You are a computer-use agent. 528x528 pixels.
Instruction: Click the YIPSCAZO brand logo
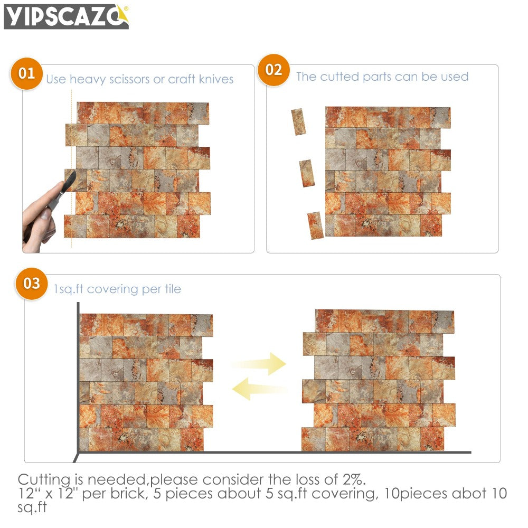point(66,16)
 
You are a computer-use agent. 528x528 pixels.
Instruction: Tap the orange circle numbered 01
point(27,73)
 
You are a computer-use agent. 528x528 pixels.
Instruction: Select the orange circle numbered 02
point(274,70)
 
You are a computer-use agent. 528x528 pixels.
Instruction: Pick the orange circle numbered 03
point(32,283)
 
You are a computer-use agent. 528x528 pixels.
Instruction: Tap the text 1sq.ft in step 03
point(69,289)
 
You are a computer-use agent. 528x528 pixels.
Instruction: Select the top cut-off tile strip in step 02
point(298,122)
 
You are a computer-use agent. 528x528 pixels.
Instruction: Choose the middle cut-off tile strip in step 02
point(307,173)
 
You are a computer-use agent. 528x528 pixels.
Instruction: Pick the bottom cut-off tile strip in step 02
point(315,225)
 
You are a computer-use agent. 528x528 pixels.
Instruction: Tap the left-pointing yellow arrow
point(259,390)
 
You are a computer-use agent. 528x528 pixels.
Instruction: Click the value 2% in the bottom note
point(352,479)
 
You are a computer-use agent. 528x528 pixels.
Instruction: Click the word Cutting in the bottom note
point(44,480)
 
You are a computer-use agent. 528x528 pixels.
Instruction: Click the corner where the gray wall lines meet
point(78,452)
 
